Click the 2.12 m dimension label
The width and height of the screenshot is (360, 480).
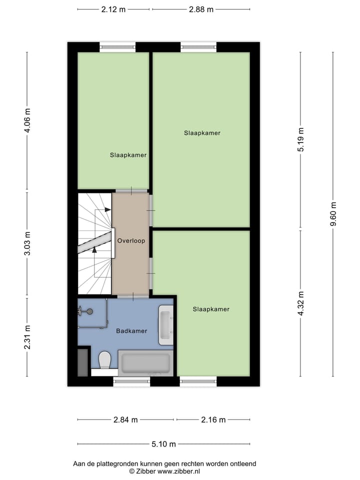click(x=113, y=9)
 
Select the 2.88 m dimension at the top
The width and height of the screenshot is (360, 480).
click(x=201, y=9)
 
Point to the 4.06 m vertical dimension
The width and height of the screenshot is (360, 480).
click(x=27, y=120)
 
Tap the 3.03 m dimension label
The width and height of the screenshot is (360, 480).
click(x=27, y=243)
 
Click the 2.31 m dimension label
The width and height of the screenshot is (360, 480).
click(x=27, y=337)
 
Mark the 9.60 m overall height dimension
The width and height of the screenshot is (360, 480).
click(x=333, y=214)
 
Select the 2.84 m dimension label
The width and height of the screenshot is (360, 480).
click(x=125, y=419)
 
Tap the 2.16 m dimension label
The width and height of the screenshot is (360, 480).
click(x=213, y=419)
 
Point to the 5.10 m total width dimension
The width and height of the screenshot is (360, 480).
click(x=164, y=443)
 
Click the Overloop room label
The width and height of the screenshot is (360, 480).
click(x=131, y=240)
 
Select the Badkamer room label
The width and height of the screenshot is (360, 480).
click(x=131, y=331)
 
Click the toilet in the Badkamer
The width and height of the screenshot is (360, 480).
click(x=105, y=359)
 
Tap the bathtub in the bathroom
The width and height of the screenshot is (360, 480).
click(x=145, y=362)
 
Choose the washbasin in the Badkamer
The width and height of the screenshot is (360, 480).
click(x=165, y=325)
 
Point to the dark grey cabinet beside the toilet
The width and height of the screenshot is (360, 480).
click(x=83, y=362)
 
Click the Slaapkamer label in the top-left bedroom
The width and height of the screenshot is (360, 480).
click(x=128, y=155)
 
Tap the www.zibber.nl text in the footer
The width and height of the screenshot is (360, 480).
click(x=178, y=471)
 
